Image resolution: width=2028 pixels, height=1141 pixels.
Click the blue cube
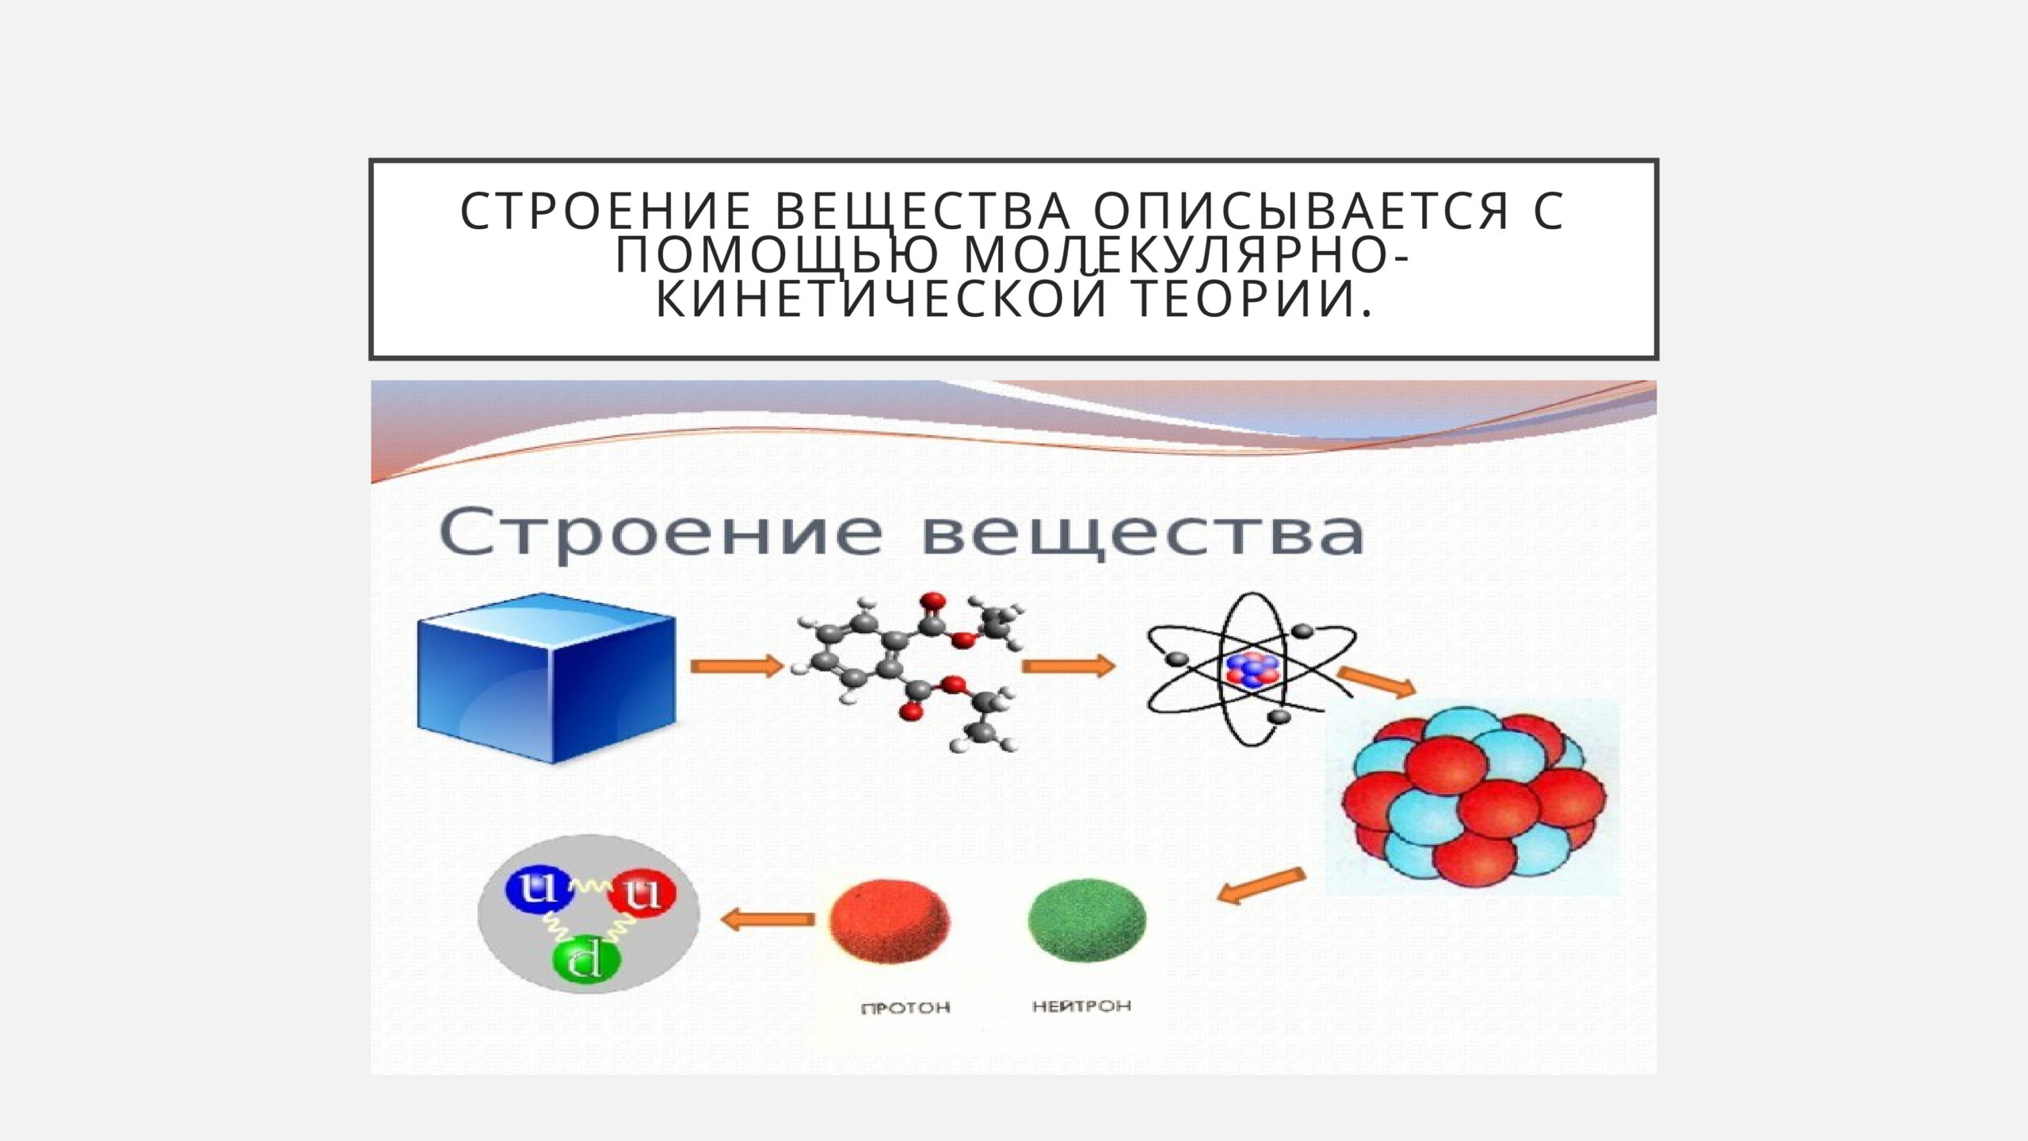click(547, 678)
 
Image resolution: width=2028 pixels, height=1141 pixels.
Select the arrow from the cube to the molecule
click(737, 666)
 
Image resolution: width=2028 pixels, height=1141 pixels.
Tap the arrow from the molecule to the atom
click(1068, 666)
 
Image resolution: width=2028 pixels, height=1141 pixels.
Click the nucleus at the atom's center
click(1252, 670)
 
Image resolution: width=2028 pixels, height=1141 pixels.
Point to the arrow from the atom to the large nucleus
click(1377, 682)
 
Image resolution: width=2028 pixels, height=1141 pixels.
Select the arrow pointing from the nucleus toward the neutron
click(1261, 885)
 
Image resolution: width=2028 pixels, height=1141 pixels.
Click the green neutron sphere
click(1086, 919)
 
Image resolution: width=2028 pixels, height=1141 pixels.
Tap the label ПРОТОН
click(905, 1009)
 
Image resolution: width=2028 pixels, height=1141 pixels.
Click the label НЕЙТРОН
click(1081, 1006)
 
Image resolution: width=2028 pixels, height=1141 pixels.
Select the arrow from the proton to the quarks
click(768, 919)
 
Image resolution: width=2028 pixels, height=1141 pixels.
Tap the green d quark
click(587, 964)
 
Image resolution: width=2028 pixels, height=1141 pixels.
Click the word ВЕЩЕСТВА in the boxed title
click(923, 212)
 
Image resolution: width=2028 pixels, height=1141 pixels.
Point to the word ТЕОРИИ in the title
click(1254, 299)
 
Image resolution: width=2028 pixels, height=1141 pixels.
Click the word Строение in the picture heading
click(660, 534)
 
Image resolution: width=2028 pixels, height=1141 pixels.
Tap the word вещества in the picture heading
click(1144, 536)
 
